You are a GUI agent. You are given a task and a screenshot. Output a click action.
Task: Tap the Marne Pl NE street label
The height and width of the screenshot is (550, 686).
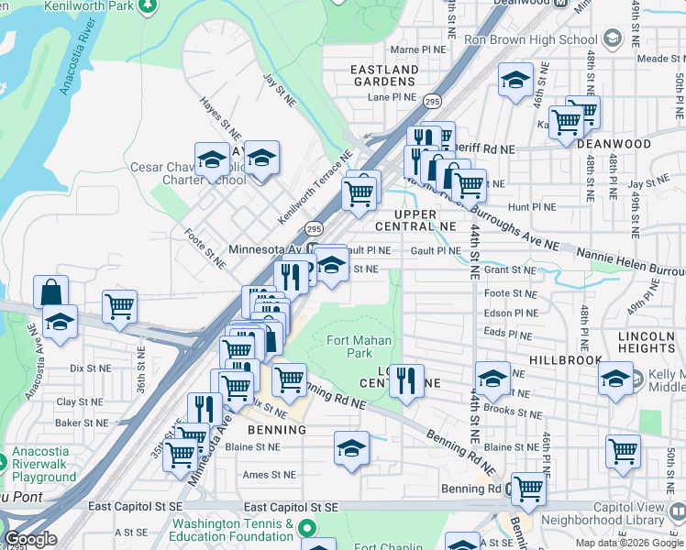pyautogui.click(x=417, y=49)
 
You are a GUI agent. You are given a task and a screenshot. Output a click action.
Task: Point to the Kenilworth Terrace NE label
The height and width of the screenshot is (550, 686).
pyautogui.click(x=315, y=190)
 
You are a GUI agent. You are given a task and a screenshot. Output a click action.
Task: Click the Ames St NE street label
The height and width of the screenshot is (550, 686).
pyautogui.click(x=269, y=475)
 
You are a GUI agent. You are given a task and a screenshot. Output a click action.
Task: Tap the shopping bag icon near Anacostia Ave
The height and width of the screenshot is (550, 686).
pyautogui.click(x=51, y=292)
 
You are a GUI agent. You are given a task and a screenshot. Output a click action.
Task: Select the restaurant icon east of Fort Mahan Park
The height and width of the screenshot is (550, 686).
pyautogui.click(x=407, y=379)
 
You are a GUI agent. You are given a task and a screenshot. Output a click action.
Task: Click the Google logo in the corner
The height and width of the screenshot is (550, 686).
pyautogui.click(x=29, y=539)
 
